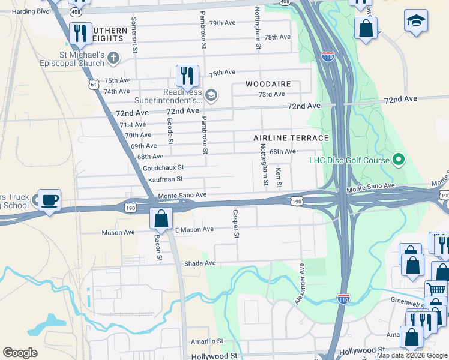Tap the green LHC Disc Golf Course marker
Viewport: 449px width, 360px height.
397,160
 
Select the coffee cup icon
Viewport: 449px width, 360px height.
49,199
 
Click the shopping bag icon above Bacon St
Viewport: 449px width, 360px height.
161,218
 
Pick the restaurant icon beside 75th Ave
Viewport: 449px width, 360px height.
187,76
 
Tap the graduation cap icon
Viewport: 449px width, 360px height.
416,21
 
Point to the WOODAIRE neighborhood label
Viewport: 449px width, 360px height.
267,84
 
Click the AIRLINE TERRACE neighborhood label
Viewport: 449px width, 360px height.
291,138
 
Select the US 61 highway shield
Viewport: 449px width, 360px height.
93,85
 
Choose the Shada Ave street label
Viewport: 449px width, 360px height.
200,263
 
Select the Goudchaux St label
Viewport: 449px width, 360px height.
163,168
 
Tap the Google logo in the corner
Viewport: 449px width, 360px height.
20,353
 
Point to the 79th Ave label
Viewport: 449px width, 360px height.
222,23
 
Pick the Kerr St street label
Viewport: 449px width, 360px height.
278,176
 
